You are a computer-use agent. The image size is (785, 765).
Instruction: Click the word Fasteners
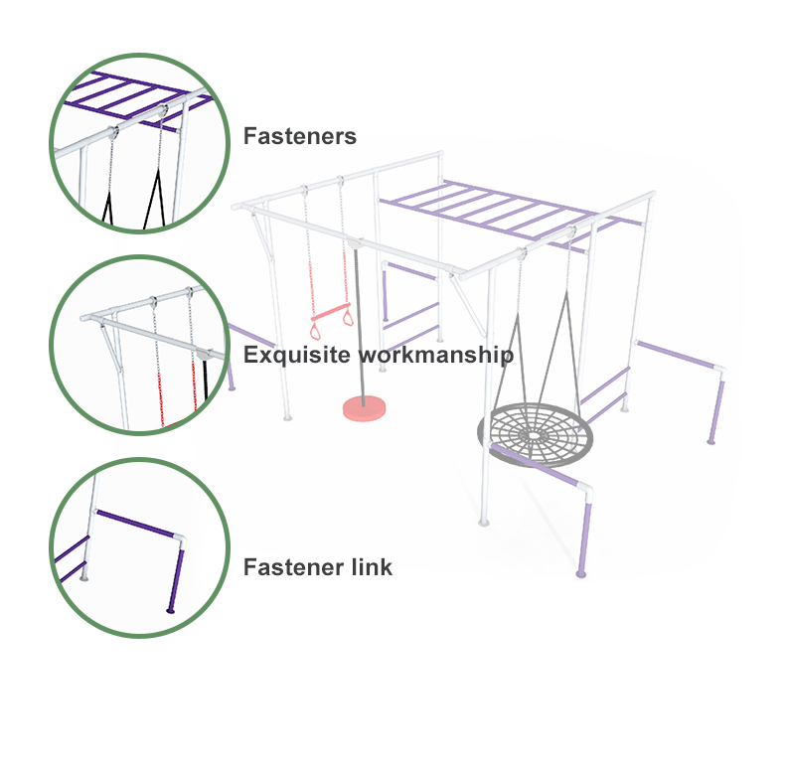point(299,136)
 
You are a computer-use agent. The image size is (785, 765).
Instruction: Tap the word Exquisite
point(296,355)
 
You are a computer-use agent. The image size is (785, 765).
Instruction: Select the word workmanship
point(436,355)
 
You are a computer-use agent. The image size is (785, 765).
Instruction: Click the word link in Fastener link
point(372,567)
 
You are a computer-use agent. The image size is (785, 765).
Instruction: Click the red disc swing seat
point(364,408)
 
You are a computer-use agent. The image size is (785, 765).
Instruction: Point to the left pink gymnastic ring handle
point(315,332)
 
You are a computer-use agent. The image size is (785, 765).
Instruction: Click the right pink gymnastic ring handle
point(348,317)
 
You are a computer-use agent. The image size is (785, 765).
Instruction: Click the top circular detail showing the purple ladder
point(140,143)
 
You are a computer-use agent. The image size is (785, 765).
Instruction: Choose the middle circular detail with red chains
point(140,346)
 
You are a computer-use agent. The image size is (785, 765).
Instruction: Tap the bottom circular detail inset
point(140,547)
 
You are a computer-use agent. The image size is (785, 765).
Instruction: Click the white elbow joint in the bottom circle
point(179,541)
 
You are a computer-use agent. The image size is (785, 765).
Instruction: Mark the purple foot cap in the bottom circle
point(171,610)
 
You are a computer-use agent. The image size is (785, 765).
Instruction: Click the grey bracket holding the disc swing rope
point(355,243)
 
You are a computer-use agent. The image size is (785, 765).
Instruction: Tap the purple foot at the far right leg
point(710,441)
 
